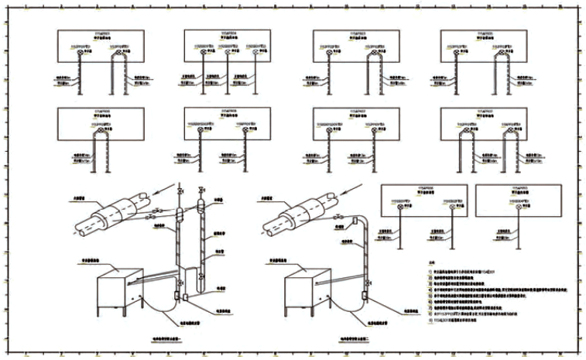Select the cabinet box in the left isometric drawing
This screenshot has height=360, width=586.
pyautogui.click(x=117, y=292)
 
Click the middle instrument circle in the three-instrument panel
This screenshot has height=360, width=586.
pyautogui.click(x=227, y=53)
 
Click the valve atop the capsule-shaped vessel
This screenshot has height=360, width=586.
pyautogui.click(x=200, y=189)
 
